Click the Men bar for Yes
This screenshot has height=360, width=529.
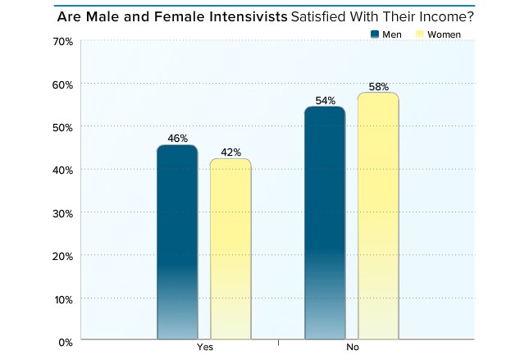click(177, 242)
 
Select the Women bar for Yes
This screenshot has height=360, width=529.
click(230, 248)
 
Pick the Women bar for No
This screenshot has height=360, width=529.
click(378, 216)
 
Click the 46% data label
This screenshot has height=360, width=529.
click(177, 139)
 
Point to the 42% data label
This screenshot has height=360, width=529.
click(230, 152)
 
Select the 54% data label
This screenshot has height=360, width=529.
click(325, 100)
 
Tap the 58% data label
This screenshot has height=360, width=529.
click(378, 86)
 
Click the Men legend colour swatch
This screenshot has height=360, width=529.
click(376, 34)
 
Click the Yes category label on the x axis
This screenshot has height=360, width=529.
click(204, 349)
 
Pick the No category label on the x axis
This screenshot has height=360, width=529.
click(353, 349)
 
